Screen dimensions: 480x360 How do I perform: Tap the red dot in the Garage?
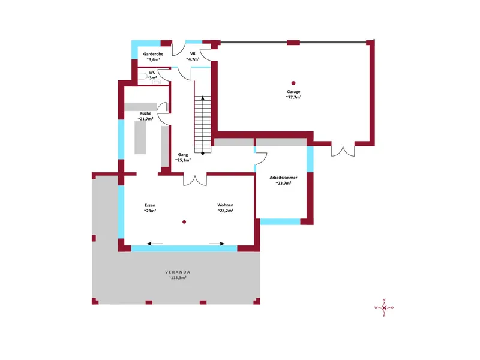point(293,83)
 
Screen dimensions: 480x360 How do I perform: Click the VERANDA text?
point(178,272)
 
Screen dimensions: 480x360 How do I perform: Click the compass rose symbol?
point(384,308)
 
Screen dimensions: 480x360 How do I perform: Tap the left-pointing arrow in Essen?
point(155,244)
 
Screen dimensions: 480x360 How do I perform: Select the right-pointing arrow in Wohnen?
point(217,244)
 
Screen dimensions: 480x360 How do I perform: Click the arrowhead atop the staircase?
point(203,98)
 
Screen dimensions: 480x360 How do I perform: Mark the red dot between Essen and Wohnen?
point(184,222)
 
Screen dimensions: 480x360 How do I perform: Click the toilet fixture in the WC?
point(143,76)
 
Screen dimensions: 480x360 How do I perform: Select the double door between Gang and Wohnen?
point(195,181)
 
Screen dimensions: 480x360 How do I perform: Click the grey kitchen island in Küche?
point(140,138)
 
